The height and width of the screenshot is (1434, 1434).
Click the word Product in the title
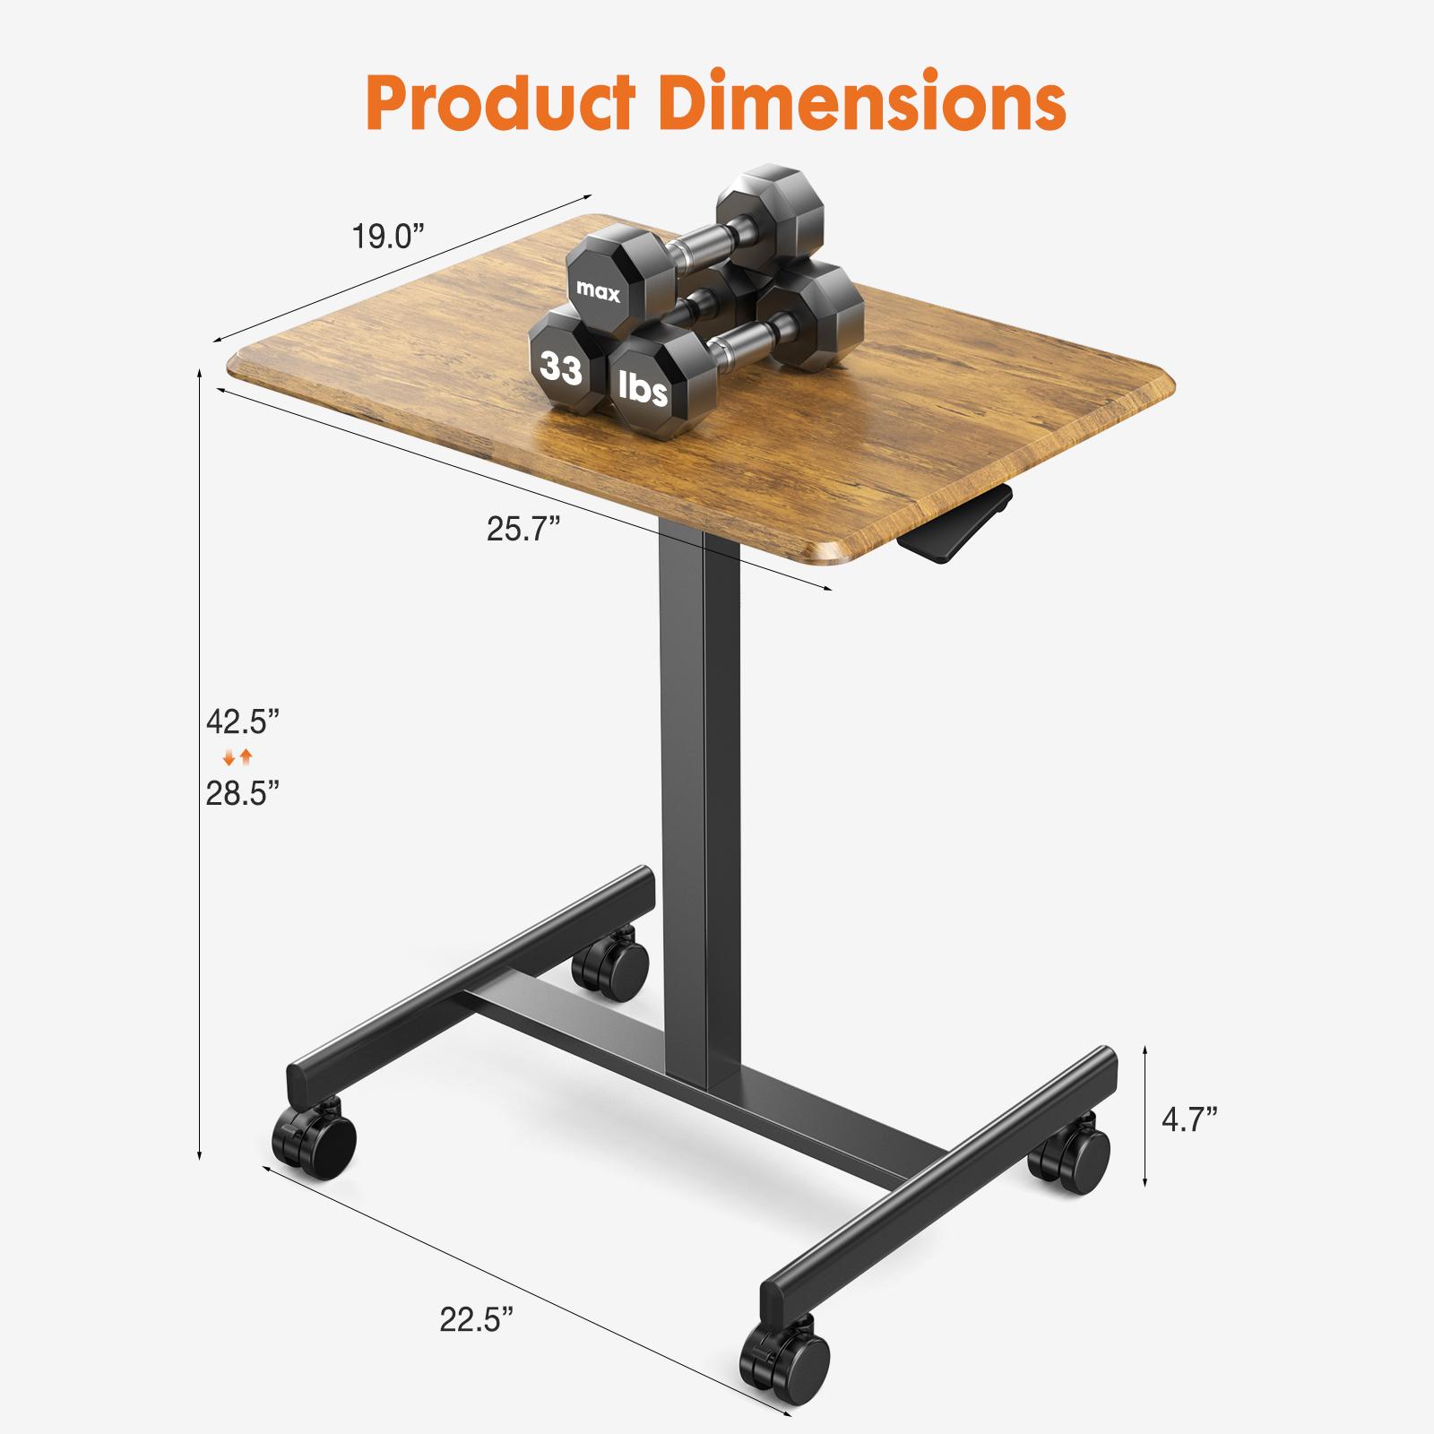tap(501, 104)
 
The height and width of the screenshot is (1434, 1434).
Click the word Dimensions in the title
tap(861, 104)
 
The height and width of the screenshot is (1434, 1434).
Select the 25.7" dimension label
tap(523, 529)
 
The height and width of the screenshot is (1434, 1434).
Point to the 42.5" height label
tap(243, 721)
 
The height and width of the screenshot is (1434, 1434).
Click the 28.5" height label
tap(243, 793)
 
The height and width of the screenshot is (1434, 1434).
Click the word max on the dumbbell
tap(598, 291)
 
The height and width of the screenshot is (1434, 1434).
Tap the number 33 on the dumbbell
tap(561, 367)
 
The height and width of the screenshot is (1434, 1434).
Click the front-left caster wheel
tap(315, 1142)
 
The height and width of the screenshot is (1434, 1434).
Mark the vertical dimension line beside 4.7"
tap(1145, 1115)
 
